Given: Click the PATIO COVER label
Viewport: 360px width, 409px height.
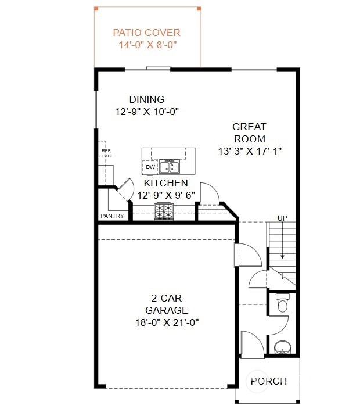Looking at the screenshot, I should [146, 33].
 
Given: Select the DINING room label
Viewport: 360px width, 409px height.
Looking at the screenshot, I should [146, 99].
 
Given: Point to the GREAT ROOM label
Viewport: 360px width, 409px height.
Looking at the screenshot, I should [249, 132].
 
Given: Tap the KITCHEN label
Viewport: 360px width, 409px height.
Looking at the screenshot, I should [166, 183].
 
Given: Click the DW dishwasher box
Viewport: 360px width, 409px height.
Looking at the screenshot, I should [150, 167].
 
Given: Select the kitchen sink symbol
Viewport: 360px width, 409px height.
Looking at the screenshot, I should [170, 167].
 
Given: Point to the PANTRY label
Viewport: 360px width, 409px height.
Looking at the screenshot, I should [112, 216].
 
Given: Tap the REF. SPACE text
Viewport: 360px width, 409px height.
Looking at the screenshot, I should [106, 153].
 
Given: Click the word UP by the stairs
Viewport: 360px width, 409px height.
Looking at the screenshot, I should [282, 218].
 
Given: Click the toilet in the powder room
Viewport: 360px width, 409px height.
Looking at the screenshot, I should [283, 304].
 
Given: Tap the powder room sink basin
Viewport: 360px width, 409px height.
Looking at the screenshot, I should [283, 347].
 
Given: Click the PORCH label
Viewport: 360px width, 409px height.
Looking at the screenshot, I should [269, 381].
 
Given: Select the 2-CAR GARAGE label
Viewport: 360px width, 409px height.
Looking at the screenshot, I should [166, 304].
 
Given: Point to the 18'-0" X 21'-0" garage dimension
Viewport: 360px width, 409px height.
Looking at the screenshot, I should [166, 322].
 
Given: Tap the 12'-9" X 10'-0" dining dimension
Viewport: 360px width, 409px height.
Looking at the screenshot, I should [146, 112].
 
